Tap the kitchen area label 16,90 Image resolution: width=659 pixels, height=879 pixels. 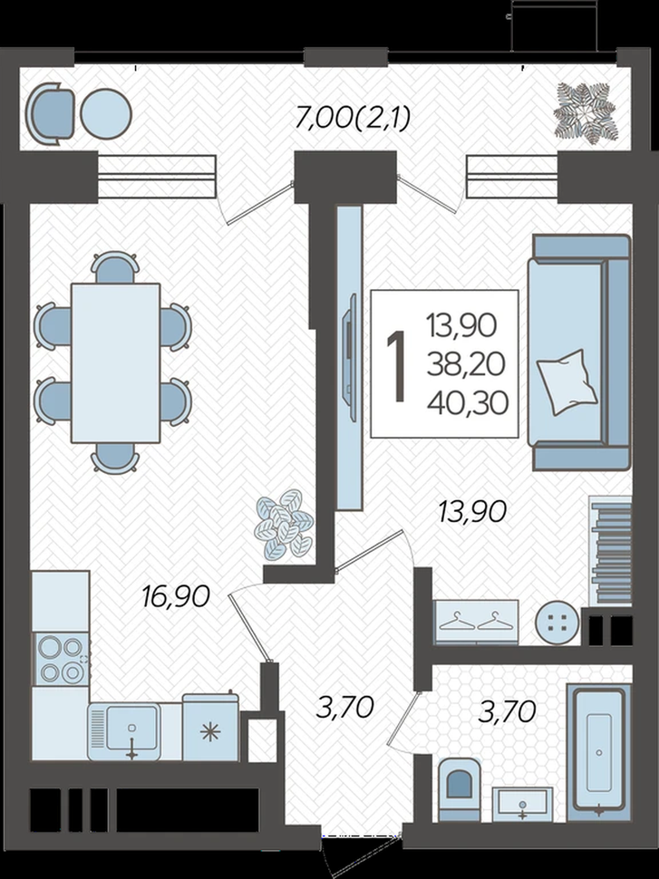[x=176, y=596]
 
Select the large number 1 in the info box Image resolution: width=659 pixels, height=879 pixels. [x=397, y=366]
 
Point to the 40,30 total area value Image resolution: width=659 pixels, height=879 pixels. [x=467, y=402]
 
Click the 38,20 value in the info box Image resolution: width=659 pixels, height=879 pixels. [x=466, y=363]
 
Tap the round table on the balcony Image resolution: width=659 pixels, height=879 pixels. [x=105, y=114]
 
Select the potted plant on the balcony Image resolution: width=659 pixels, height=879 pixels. [x=586, y=114]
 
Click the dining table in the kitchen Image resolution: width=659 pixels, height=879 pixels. [x=115, y=362]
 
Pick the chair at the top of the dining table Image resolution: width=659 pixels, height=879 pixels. [x=115, y=266]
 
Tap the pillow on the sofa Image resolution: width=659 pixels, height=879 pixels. [x=567, y=382]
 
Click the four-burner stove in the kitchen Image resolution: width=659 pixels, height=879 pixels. [x=62, y=660]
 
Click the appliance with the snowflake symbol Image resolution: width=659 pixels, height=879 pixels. [x=210, y=728]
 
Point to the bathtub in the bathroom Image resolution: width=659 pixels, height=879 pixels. [x=599, y=749]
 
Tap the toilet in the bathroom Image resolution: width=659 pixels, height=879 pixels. [x=459, y=789]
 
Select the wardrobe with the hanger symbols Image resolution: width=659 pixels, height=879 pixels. [x=476, y=622]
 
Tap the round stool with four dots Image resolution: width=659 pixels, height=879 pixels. [x=557, y=623]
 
